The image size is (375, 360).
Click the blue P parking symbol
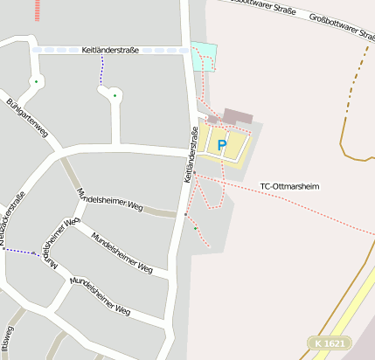pos(221,144)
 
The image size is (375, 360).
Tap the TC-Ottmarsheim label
pos(290,186)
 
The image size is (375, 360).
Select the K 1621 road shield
pos(329,343)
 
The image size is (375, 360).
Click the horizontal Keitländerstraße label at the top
pos(111,50)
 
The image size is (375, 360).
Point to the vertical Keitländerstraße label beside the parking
pos(191,156)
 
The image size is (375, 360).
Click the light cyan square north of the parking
pos(203,55)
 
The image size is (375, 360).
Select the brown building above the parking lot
pos(237,116)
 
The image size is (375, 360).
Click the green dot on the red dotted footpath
pos(196,228)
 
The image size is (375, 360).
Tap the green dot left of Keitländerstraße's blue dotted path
pos(36,82)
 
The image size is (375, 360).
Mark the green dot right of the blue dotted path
pos(115,94)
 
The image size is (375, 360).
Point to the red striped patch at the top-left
pos(37,10)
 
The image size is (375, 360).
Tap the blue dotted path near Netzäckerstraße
pos(19,252)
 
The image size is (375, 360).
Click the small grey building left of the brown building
pos(212,119)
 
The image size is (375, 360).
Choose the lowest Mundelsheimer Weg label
pos(100,295)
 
